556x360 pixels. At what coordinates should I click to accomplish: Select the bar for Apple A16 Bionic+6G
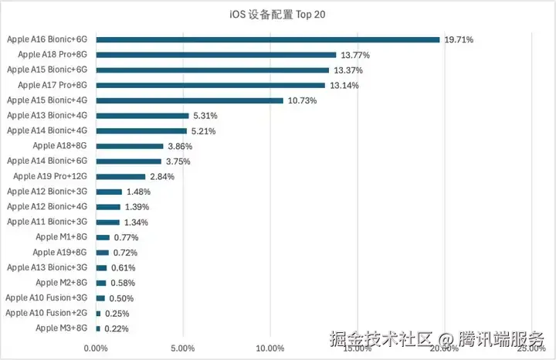[267, 39]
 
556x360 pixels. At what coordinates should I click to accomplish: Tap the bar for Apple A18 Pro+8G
[215, 55]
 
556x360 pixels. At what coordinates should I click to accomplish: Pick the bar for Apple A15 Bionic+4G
[189, 100]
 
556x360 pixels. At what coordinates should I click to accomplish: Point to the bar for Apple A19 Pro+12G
[120, 176]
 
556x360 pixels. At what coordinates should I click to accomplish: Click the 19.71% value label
[458, 39]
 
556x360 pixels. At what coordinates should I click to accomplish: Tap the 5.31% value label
[205, 116]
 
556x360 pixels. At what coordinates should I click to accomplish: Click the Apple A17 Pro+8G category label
[53, 85]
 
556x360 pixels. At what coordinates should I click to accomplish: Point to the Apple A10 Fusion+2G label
[46, 313]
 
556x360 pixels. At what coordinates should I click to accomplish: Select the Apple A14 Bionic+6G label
[47, 161]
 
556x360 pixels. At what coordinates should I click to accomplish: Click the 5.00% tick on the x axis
[182, 348]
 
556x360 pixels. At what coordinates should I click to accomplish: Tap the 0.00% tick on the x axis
[96, 348]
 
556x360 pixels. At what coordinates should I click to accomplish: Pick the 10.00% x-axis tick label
[270, 348]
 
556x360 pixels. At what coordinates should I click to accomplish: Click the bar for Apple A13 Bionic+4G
[142, 116]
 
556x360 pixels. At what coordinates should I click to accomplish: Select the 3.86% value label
[179, 146]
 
